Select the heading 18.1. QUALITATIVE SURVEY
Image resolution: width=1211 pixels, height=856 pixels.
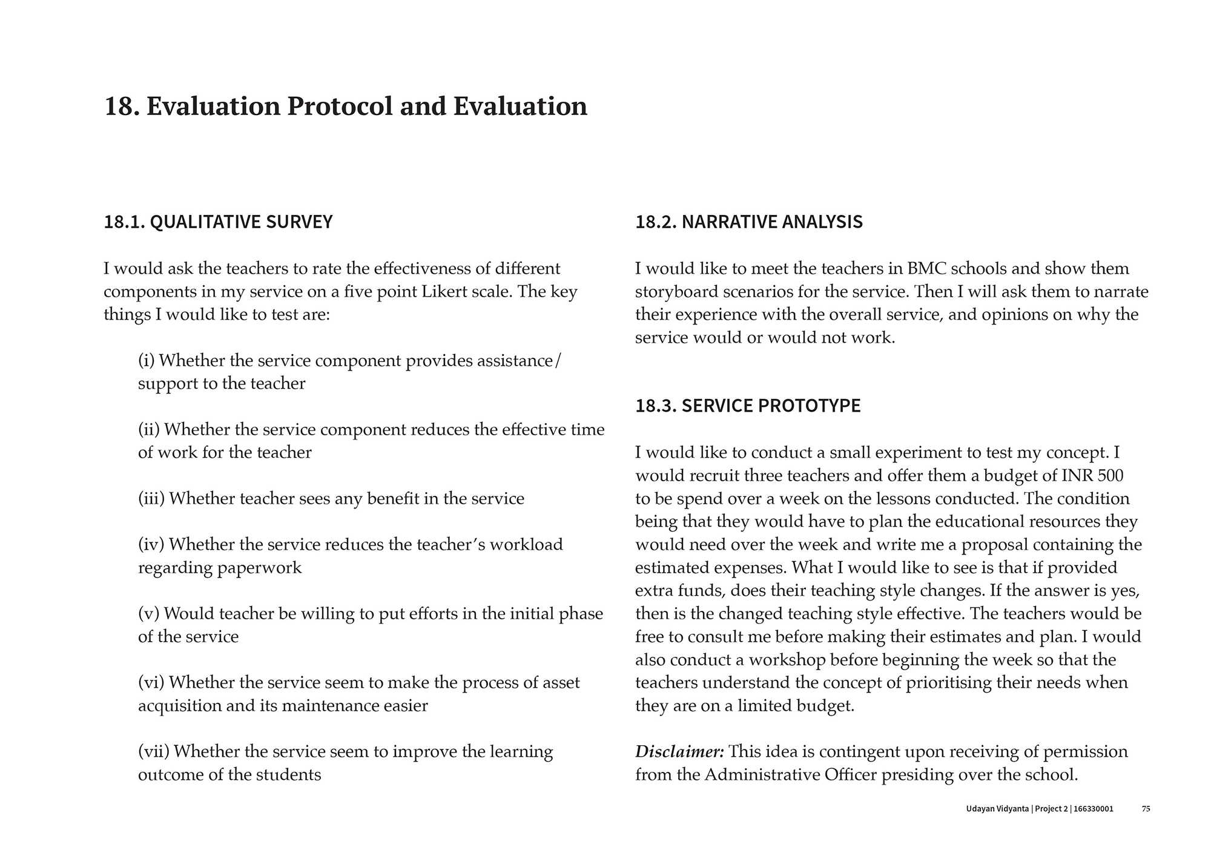click(x=218, y=222)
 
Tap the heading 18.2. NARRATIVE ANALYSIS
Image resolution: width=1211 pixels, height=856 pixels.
click(x=748, y=222)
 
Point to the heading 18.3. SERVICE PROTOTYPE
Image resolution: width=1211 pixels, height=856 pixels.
click(x=747, y=406)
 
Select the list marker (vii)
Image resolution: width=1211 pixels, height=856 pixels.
click(x=154, y=752)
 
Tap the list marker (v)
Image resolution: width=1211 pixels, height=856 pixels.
click(x=148, y=614)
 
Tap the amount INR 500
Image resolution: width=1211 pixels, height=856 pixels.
click(x=1092, y=476)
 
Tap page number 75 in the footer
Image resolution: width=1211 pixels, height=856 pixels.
click(x=1146, y=809)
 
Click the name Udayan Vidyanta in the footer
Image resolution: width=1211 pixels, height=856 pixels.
click(x=997, y=809)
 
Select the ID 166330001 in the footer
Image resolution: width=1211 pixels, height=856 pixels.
click(x=1093, y=809)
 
